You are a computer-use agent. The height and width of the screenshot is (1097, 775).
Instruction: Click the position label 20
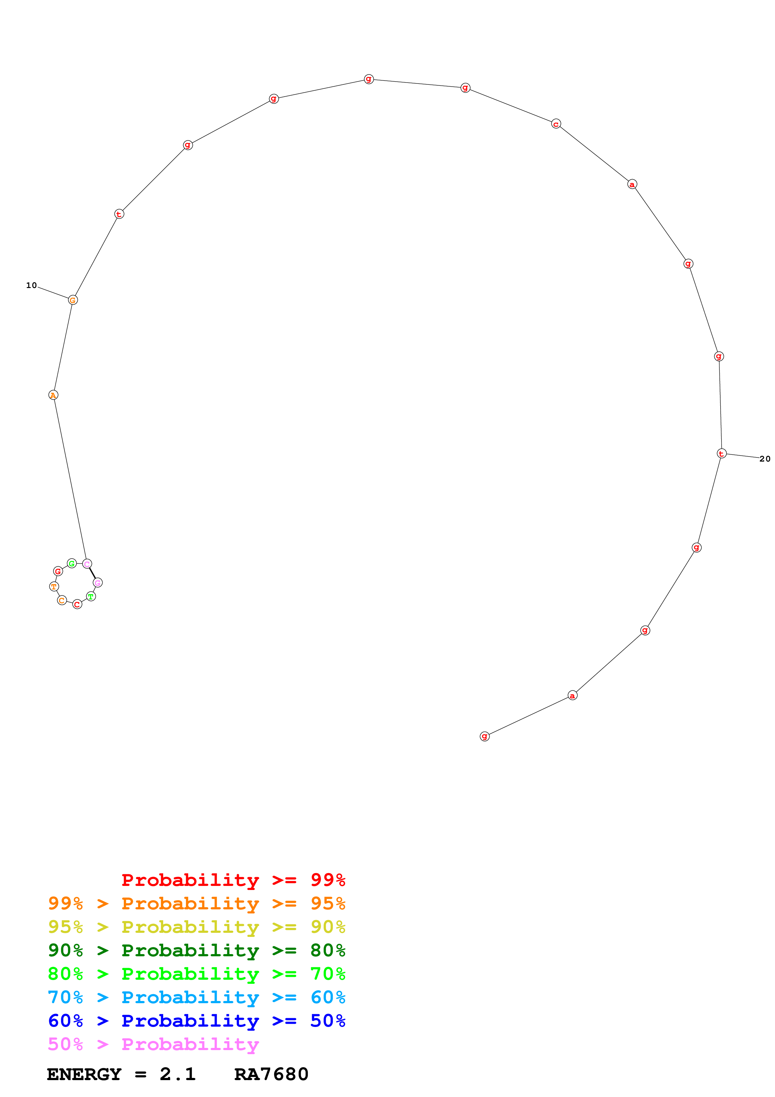point(764,459)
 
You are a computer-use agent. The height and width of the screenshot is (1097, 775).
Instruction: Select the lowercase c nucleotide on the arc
point(556,124)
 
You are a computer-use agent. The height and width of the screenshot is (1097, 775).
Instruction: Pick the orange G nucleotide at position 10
point(73,300)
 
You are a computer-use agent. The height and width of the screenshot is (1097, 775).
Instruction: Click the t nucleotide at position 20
point(722,453)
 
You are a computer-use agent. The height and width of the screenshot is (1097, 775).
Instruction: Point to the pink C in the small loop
point(87,564)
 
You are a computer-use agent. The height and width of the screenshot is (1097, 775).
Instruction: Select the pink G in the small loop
point(98,582)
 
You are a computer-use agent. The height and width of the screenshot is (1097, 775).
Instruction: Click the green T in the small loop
point(91,596)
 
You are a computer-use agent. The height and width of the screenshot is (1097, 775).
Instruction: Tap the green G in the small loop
point(72,563)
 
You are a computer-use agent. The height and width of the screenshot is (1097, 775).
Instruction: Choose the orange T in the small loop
point(54,586)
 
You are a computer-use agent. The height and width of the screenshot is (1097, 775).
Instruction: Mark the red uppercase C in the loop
point(77,604)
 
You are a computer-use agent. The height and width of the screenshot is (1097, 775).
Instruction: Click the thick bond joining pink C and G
point(92,573)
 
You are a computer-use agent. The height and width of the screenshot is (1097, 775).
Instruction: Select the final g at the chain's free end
point(485,736)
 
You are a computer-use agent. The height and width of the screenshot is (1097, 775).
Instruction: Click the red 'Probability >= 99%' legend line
point(233,880)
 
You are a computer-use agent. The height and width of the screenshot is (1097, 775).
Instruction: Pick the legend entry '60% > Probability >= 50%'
point(196,1021)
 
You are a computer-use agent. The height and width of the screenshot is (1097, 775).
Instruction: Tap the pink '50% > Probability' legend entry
point(153,1044)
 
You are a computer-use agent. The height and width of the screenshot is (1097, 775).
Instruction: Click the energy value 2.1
point(178,1074)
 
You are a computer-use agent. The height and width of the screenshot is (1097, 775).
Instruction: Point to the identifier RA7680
point(271,1074)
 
